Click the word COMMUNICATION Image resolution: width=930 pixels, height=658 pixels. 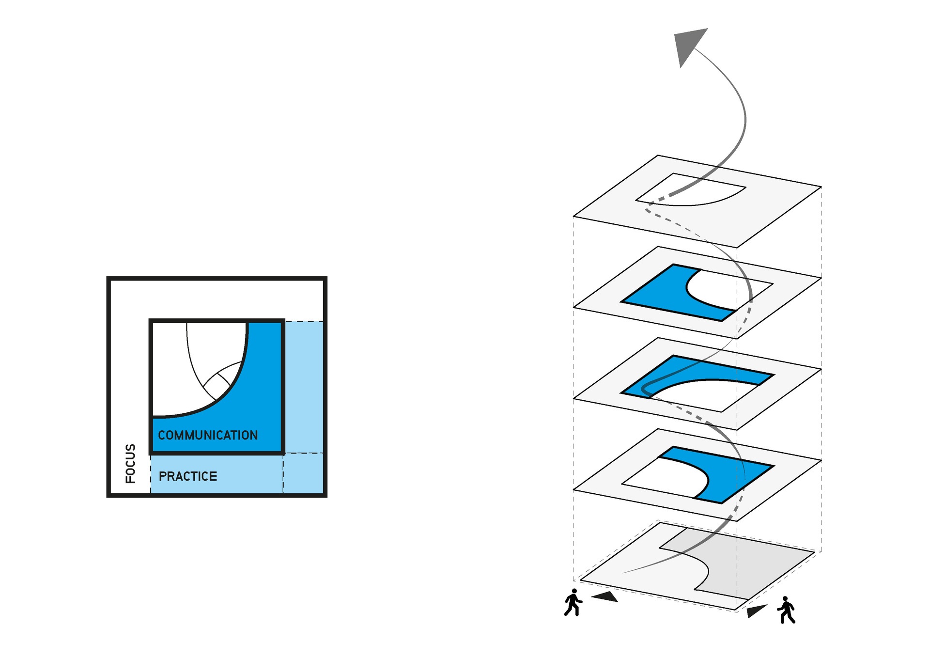208,435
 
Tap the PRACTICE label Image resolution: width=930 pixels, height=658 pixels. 188,476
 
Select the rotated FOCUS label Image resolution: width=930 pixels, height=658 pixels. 130,464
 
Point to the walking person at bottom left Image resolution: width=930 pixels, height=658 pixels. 573,602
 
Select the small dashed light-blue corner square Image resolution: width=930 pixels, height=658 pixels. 303,473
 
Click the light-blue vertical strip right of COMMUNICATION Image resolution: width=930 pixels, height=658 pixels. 303,387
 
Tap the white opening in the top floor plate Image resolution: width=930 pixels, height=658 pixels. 693,191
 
